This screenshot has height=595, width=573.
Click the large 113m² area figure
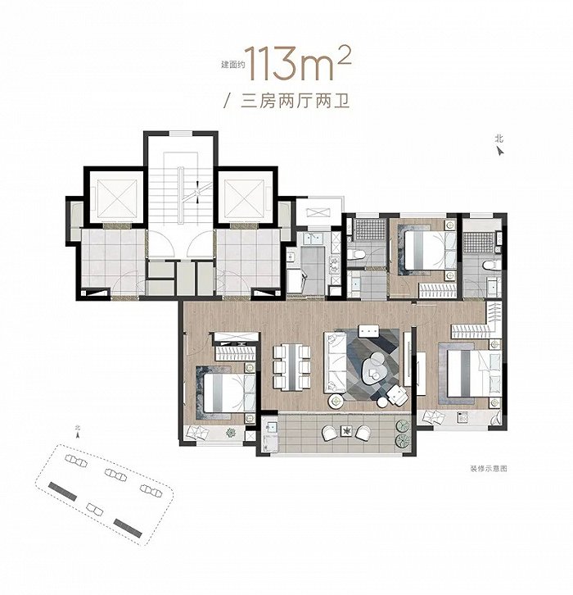(x=297, y=65)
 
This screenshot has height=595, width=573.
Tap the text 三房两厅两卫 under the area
(x=295, y=102)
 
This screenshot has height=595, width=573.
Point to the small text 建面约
(x=232, y=65)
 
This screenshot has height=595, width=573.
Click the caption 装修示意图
(x=488, y=469)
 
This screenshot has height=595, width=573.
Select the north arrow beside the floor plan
(x=501, y=152)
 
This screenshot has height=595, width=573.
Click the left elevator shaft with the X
(x=117, y=198)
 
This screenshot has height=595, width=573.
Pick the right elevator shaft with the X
(x=244, y=198)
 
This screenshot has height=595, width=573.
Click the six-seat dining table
(x=291, y=366)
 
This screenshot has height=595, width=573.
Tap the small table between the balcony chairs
(x=346, y=431)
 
